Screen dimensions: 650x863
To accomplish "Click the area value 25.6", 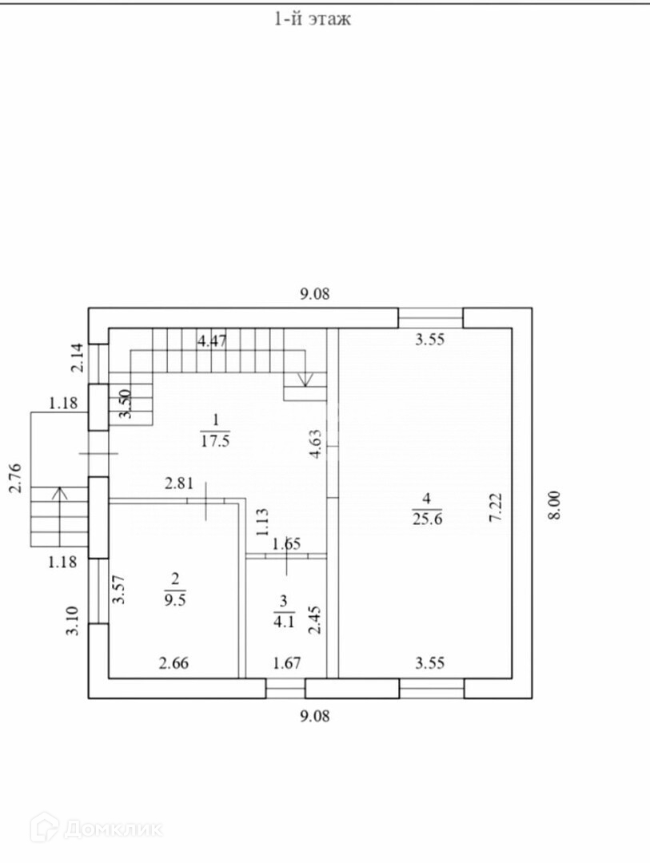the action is click(x=428, y=518).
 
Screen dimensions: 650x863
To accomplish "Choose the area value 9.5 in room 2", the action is click(x=173, y=602).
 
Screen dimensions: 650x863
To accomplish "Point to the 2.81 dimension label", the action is click(x=178, y=483).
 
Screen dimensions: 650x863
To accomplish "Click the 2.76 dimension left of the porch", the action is click(x=14, y=477).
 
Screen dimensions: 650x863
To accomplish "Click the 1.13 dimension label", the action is click(x=261, y=521).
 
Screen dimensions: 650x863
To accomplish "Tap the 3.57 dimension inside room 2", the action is click(x=120, y=591).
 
